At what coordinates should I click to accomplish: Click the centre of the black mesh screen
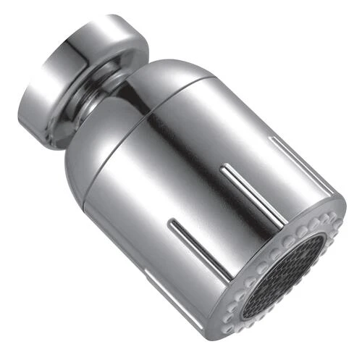[286, 277]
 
